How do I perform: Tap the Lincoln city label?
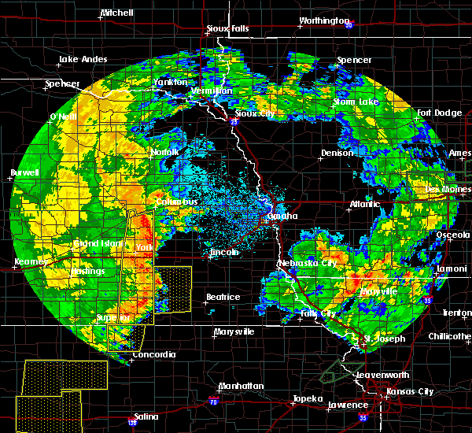tap(224, 253)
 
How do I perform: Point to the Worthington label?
tap(324, 20)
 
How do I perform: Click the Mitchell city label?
tap(117, 14)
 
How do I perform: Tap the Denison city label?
tap(337, 153)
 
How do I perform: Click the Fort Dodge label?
tap(440, 113)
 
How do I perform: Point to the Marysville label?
tap(234, 331)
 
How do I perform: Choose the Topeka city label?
tap(308, 398)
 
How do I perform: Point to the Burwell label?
tap(24, 172)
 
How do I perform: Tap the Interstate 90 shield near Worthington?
tap(347, 24)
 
